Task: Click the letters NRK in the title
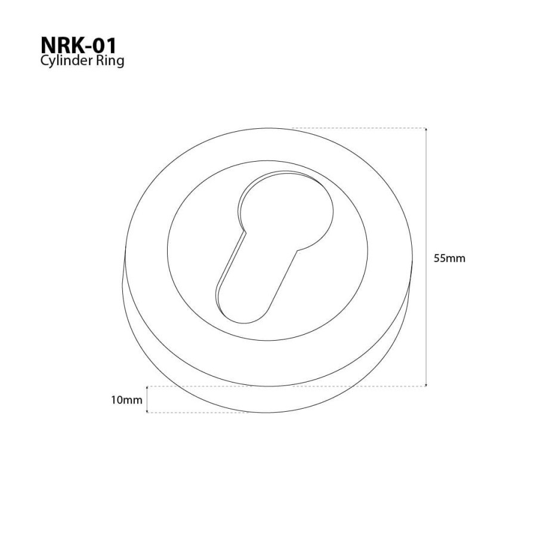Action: click(x=64, y=45)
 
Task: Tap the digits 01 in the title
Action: click(x=106, y=45)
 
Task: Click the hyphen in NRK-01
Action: click(x=91, y=47)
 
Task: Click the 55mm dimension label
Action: click(x=449, y=258)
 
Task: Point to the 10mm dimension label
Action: click(x=126, y=400)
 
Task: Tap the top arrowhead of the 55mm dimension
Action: click(x=426, y=129)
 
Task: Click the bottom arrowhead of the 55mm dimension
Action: click(x=426, y=385)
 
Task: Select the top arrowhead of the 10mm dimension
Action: click(x=147, y=388)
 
